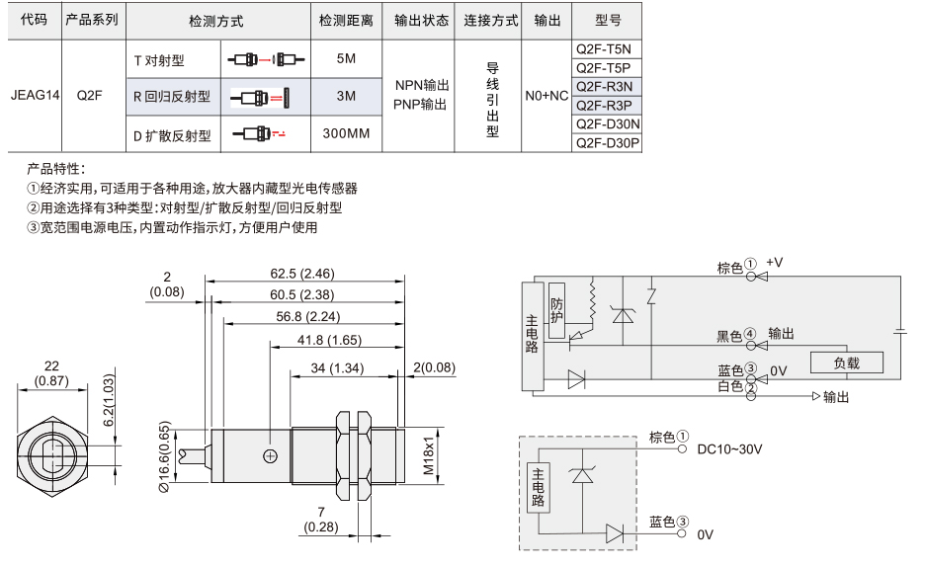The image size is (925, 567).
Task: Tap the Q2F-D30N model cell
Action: click(606, 124)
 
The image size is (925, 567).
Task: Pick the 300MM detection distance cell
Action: click(346, 133)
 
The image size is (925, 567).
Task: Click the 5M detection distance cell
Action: click(346, 58)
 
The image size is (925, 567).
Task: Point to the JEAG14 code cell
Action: click(35, 96)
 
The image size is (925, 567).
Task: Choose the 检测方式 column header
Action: click(215, 21)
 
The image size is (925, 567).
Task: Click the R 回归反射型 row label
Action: click(172, 97)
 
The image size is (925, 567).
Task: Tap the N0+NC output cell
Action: click(547, 96)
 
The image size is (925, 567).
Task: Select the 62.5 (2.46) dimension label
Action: click(302, 274)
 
